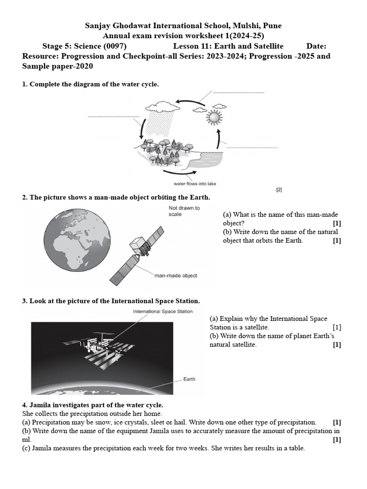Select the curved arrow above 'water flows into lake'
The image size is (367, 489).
click(x=179, y=173)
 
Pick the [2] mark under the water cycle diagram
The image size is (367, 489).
click(x=279, y=190)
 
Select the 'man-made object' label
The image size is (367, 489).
click(x=175, y=276)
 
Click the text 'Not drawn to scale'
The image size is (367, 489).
click(x=184, y=211)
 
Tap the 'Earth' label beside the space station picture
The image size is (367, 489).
click(x=189, y=379)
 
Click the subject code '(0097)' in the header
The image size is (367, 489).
click(x=115, y=46)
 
